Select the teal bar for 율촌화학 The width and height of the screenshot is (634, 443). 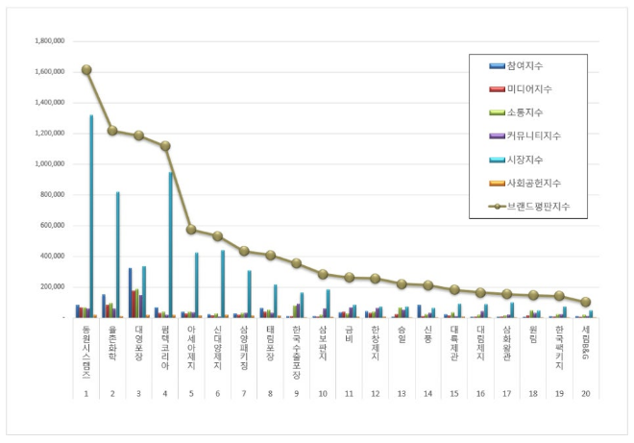pos(117,255)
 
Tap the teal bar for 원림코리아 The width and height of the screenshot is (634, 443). pos(171,245)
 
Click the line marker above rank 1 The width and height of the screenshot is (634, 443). pos(86,69)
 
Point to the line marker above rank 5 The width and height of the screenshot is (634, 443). pos(191,230)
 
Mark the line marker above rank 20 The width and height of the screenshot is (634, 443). pos(585,302)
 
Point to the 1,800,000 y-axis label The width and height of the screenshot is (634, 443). pos(49,41)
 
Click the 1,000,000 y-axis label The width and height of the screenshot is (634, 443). pos(49,164)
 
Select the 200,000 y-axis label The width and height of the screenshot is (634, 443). pos(52,287)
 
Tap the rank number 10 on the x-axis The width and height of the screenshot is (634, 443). pos(323,393)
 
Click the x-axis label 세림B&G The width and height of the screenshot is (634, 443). pos(585,343)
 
